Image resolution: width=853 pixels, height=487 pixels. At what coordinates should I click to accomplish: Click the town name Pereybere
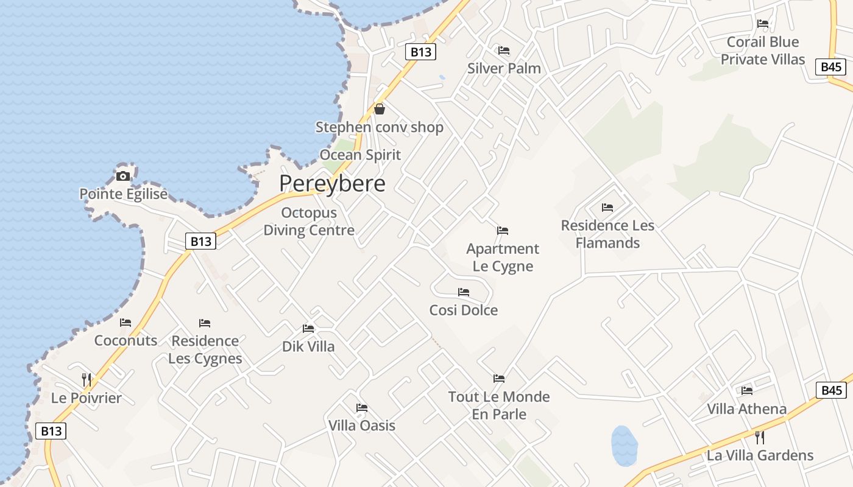tap(332, 183)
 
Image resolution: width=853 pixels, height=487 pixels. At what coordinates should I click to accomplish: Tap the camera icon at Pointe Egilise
tap(123, 177)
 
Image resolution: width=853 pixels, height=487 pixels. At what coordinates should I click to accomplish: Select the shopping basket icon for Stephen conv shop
tap(380, 109)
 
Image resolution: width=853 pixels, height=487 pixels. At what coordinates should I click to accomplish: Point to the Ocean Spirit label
tap(360, 155)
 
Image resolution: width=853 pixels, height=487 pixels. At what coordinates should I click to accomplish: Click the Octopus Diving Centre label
tap(309, 222)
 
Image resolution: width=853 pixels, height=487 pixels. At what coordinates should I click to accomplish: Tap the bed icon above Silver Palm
tap(504, 51)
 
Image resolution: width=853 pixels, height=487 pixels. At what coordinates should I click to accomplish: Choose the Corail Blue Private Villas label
tap(763, 51)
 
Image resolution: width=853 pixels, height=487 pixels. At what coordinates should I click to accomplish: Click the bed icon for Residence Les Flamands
tap(607, 208)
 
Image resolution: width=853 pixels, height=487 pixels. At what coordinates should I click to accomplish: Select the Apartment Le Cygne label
tap(503, 258)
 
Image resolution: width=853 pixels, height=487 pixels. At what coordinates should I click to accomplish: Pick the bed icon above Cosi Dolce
tap(464, 292)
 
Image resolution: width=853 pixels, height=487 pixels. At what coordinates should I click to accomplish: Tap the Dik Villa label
tap(308, 346)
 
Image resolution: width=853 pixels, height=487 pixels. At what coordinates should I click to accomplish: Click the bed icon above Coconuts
tap(126, 323)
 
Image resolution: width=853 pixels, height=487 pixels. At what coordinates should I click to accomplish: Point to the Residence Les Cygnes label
tap(205, 349)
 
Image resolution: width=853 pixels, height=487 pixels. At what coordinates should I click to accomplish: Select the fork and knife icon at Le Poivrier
tap(87, 380)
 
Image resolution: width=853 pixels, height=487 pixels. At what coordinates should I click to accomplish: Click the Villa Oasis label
tap(362, 426)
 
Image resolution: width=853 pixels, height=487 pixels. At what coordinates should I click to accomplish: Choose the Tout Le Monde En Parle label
tap(499, 405)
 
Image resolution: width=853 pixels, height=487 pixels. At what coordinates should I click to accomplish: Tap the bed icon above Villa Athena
tap(747, 391)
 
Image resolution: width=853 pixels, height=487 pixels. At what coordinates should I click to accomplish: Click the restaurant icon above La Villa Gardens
tap(760, 437)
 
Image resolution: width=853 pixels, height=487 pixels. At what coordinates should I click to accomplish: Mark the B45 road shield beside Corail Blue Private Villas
tap(832, 67)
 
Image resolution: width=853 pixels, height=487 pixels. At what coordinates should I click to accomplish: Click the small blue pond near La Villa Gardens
tap(624, 446)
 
